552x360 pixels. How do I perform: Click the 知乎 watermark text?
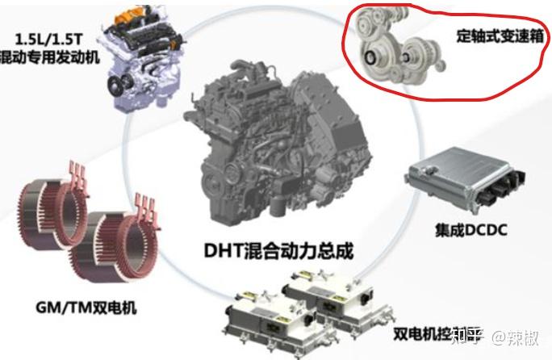click(468, 334)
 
